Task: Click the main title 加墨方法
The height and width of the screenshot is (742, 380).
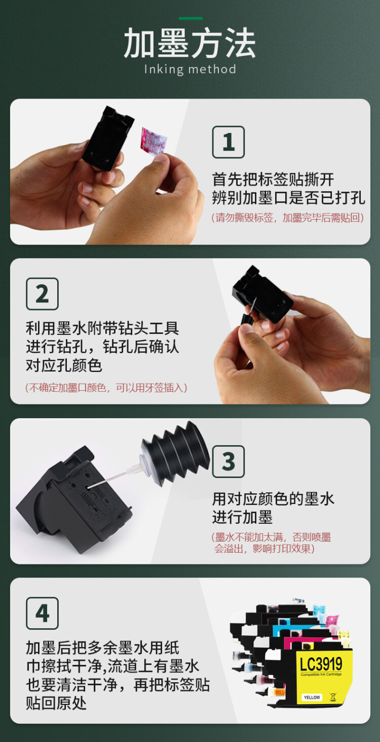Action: click(189, 44)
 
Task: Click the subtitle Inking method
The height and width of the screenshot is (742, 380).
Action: click(190, 69)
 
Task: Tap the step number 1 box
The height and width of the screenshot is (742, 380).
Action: click(228, 142)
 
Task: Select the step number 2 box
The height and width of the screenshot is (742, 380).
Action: click(42, 294)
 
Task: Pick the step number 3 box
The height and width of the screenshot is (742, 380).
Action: click(228, 461)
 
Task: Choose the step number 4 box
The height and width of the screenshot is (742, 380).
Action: click(42, 613)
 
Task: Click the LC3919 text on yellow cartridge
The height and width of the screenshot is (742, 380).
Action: click(321, 663)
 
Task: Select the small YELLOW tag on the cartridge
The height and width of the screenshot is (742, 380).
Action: click(312, 697)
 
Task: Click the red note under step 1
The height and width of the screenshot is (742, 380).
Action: click(288, 218)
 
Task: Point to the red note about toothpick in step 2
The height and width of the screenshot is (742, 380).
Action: click(107, 388)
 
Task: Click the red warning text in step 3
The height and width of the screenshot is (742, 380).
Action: click(272, 543)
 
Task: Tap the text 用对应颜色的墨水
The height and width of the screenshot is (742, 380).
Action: click(273, 499)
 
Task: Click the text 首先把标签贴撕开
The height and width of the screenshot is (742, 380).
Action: click(273, 179)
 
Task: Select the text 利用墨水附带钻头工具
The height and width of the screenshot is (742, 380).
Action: click(102, 328)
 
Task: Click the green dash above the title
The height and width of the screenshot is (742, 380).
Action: click(191, 19)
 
